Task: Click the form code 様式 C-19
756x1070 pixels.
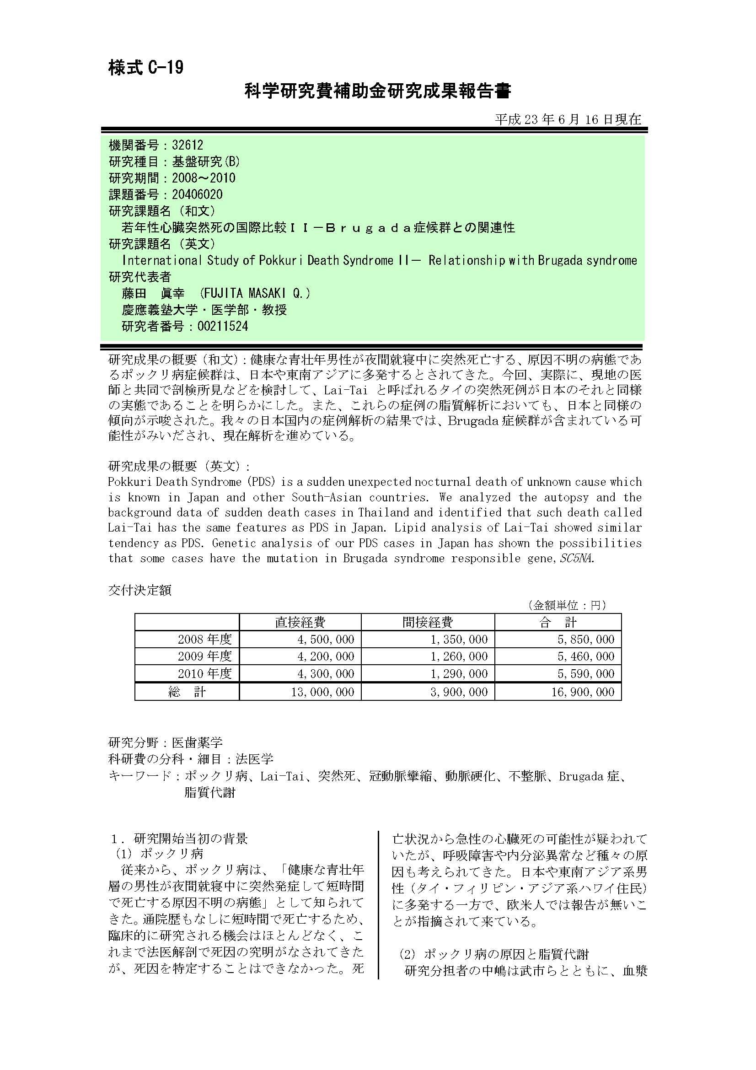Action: pos(146,68)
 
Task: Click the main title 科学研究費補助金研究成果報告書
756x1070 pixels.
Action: pos(378,91)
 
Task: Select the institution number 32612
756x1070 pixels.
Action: pos(187,145)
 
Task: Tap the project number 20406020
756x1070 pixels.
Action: pos(197,194)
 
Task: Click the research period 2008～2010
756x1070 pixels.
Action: pos(204,178)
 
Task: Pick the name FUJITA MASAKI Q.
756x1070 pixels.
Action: pos(254,293)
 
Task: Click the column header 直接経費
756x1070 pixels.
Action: pos(300,622)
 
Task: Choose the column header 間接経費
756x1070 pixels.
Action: pos(427,622)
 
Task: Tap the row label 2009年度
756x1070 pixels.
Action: pos(204,656)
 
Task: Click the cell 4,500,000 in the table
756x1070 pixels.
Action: pos(326,640)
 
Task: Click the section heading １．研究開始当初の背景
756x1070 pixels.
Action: pos(179,839)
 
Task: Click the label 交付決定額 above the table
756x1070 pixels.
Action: pos(140,590)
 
